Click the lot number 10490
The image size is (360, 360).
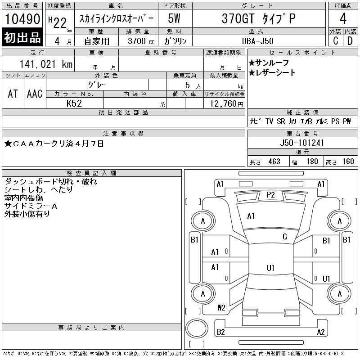coord(22,19)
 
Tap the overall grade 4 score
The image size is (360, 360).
coord(343,18)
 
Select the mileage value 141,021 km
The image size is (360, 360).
coord(46,64)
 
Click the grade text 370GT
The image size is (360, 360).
coord(238,18)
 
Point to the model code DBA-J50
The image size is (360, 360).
coord(258,41)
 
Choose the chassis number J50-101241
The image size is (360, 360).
coord(302,143)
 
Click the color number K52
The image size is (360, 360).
coord(74,103)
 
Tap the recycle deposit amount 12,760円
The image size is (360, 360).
coord(227,104)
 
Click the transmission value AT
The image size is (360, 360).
coord(13,94)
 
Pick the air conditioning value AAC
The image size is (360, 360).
coord(35,94)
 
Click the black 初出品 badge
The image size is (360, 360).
coord(22,37)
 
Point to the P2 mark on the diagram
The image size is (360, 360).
coord(271,195)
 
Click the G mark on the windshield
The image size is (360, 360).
coord(285,237)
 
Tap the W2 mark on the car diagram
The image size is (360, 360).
coord(221,307)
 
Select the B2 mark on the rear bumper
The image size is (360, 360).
coord(221,332)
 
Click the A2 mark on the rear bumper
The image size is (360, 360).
coord(321,332)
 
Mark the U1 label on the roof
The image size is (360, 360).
coord(271,268)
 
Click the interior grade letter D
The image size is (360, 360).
coord(350,41)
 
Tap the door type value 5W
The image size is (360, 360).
coord(174,18)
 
